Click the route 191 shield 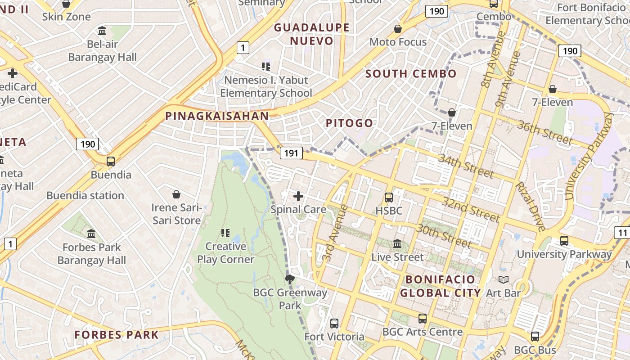click(x=291, y=153)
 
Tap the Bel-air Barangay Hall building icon click(x=102, y=31)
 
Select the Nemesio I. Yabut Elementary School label click(x=266, y=86)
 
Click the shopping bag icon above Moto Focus click(x=398, y=29)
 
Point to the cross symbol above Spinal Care click(x=298, y=196)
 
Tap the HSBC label click(x=389, y=210)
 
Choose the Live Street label click(x=397, y=257)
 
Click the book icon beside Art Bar click(x=504, y=280)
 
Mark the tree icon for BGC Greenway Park click(x=290, y=279)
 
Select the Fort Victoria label click(x=334, y=337)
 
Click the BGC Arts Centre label click(x=423, y=332)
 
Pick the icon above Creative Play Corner click(x=225, y=233)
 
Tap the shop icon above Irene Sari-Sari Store click(x=176, y=194)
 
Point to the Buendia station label click(x=85, y=196)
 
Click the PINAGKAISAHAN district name click(x=217, y=116)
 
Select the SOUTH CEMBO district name click(x=411, y=74)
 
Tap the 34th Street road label click(x=466, y=166)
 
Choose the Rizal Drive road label click(x=530, y=206)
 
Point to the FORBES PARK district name click(x=117, y=335)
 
